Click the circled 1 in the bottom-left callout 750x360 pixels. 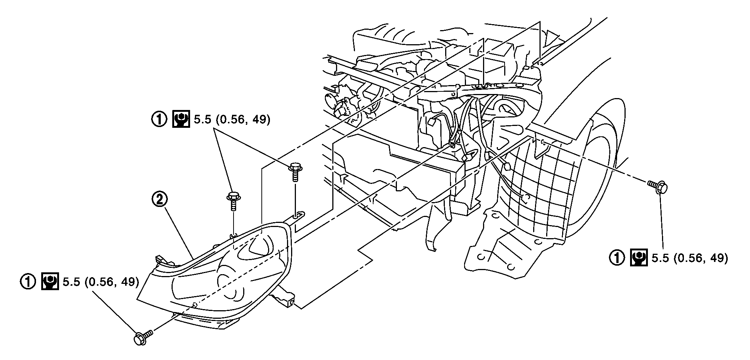28,282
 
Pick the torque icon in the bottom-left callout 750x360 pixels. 50,282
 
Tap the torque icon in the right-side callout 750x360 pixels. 639,258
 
